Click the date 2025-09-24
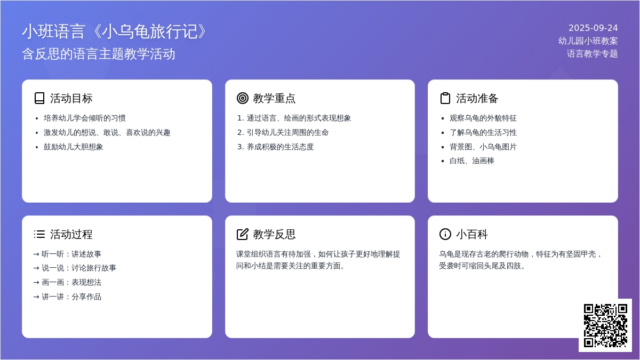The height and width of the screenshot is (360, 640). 593,28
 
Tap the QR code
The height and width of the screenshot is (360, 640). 605,325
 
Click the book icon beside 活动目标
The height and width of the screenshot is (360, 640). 39,98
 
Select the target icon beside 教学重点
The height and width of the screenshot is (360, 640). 243,98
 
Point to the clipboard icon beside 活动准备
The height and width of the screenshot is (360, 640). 445,98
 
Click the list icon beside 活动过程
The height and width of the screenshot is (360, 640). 39,234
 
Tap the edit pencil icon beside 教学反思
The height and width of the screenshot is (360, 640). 243,234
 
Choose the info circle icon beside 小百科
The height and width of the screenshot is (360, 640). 445,234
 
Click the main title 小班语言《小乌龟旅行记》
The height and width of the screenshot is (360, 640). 114,31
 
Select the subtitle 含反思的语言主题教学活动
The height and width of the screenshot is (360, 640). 99,54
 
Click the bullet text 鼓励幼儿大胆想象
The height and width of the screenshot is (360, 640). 73,147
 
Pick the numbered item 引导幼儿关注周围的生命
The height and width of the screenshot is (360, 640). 287,133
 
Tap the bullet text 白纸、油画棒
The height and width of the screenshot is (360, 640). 471,161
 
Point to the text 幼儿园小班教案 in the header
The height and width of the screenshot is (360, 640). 588,41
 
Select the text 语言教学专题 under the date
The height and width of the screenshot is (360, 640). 593,54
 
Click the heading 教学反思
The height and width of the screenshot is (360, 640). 274,234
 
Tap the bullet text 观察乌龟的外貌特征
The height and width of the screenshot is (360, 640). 483,118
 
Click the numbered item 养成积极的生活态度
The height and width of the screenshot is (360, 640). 281,147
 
